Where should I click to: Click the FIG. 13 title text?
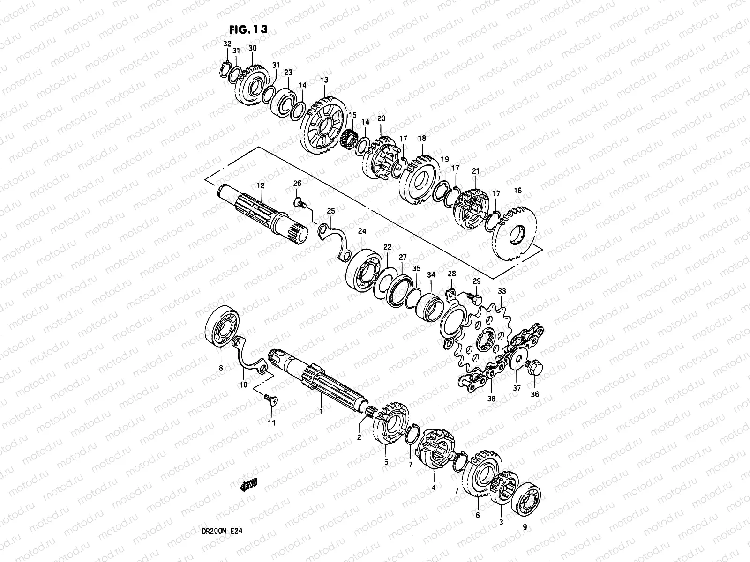coord(248,29)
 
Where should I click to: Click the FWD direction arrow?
coord(248,484)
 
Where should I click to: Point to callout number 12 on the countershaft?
coord(260,186)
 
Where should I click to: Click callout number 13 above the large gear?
coord(324,80)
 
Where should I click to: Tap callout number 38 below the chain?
coord(491,399)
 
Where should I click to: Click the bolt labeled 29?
coord(474,296)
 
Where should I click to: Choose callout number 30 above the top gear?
coord(252,49)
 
